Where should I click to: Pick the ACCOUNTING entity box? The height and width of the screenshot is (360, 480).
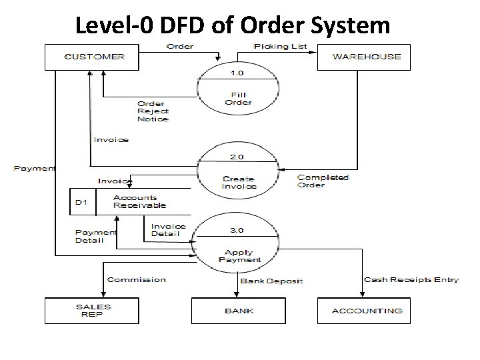(x=366, y=311)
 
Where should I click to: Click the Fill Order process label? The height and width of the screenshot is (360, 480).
(x=238, y=99)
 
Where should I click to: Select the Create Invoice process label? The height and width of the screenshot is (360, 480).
(x=239, y=182)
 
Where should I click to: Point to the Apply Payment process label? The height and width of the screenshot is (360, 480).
(x=239, y=255)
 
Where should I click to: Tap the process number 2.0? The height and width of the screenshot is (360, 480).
(x=237, y=157)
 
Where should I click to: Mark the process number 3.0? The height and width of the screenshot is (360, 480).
(x=237, y=230)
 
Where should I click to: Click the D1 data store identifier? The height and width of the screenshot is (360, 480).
(x=82, y=202)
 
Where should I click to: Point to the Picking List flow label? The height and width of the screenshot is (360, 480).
(x=281, y=47)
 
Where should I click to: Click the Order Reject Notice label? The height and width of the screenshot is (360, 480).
(x=153, y=111)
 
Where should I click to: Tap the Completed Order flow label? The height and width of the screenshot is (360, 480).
(x=323, y=181)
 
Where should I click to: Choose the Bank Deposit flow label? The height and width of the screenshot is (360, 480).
(x=271, y=281)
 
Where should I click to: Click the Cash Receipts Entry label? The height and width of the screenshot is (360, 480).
(x=411, y=280)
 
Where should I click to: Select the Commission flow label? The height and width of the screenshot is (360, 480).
(x=136, y=280)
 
